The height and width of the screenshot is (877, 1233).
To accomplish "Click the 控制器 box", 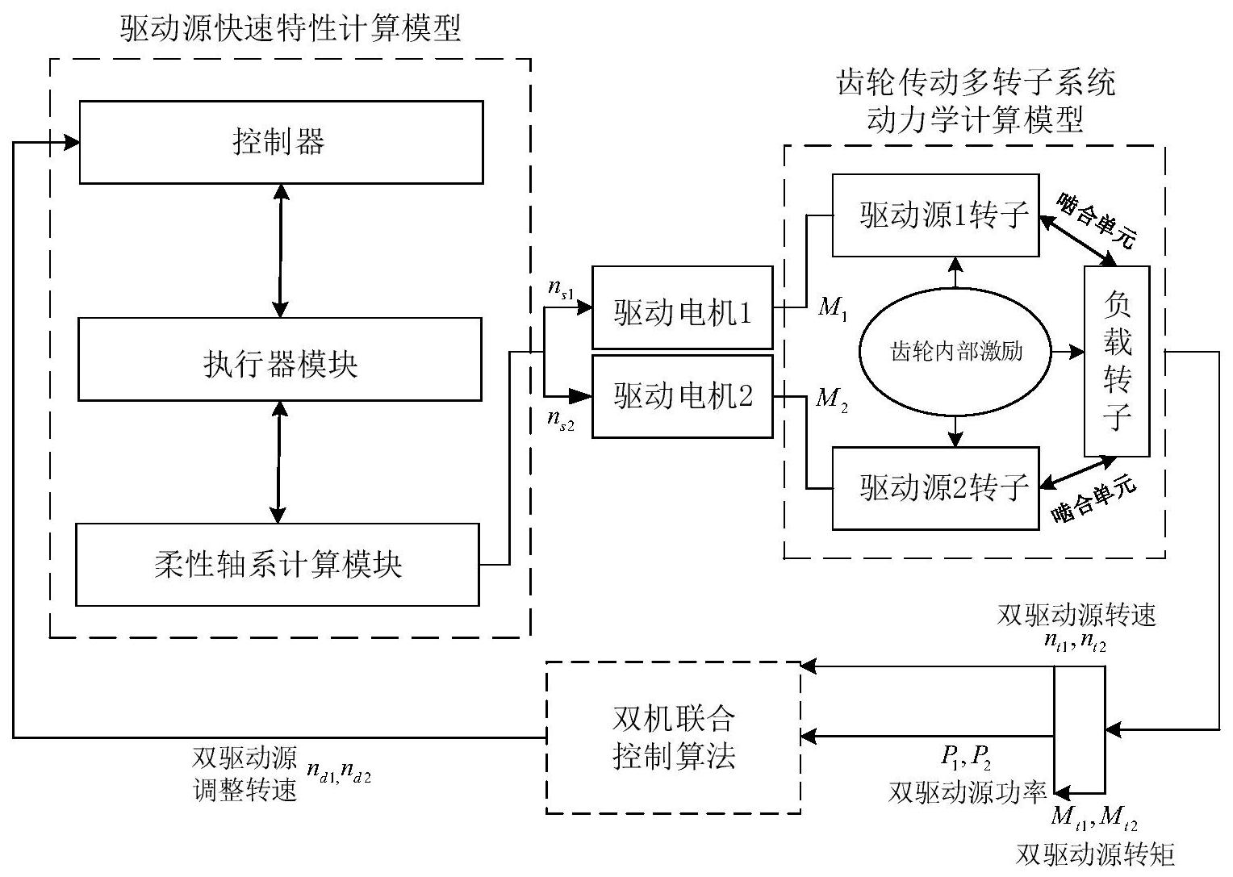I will [281, 142].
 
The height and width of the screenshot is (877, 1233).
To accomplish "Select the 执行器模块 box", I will [280, 360].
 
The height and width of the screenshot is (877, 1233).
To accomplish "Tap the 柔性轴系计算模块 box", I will [278, 565].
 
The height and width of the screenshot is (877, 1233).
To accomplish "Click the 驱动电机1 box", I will [683, 308].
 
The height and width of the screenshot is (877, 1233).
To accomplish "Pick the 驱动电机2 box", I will [683, 396].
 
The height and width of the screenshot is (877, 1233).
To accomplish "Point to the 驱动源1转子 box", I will [935, 215].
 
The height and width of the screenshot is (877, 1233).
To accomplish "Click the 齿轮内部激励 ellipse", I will [956, 352].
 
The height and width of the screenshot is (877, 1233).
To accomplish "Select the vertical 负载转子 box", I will [1117, 361].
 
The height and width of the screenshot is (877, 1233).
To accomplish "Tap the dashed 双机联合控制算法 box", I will [674, 737].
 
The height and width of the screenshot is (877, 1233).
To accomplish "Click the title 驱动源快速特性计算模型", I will [290, 29].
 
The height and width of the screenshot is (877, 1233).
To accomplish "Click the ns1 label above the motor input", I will [560, 289].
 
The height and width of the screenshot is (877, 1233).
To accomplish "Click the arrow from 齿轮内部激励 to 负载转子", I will [1068, 352].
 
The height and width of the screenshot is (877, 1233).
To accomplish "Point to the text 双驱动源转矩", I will [1094, 854].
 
